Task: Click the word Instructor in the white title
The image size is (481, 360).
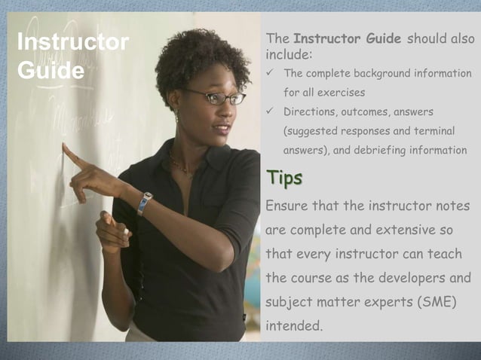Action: point(72,42)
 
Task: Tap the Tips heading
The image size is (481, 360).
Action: point(283,178)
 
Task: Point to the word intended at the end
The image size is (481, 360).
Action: point(293,327)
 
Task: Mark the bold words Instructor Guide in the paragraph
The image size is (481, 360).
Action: point(347,39)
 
